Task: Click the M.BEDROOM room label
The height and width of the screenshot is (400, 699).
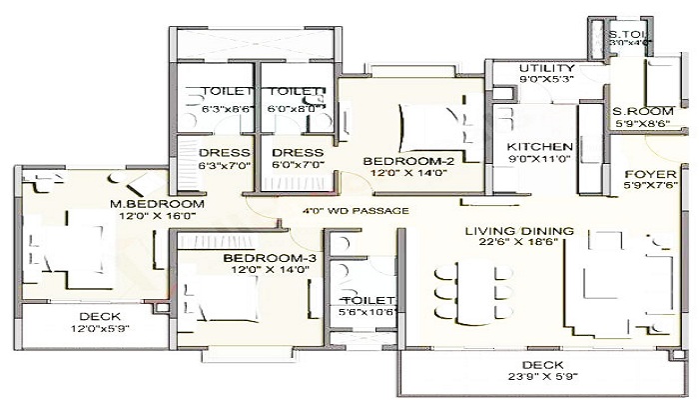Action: pyautogui.click(x=157, y=205)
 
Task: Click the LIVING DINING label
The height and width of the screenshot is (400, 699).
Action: pyautogui.click(x=518, y=232)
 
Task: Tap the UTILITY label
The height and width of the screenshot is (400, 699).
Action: pyautogui.click(x=545, y=68)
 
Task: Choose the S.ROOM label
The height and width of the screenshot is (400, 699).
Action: pyautogui.click(x=636, y=111)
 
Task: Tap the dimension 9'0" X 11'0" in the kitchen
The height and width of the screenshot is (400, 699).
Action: pyautogui.click(x=539, y=159)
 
